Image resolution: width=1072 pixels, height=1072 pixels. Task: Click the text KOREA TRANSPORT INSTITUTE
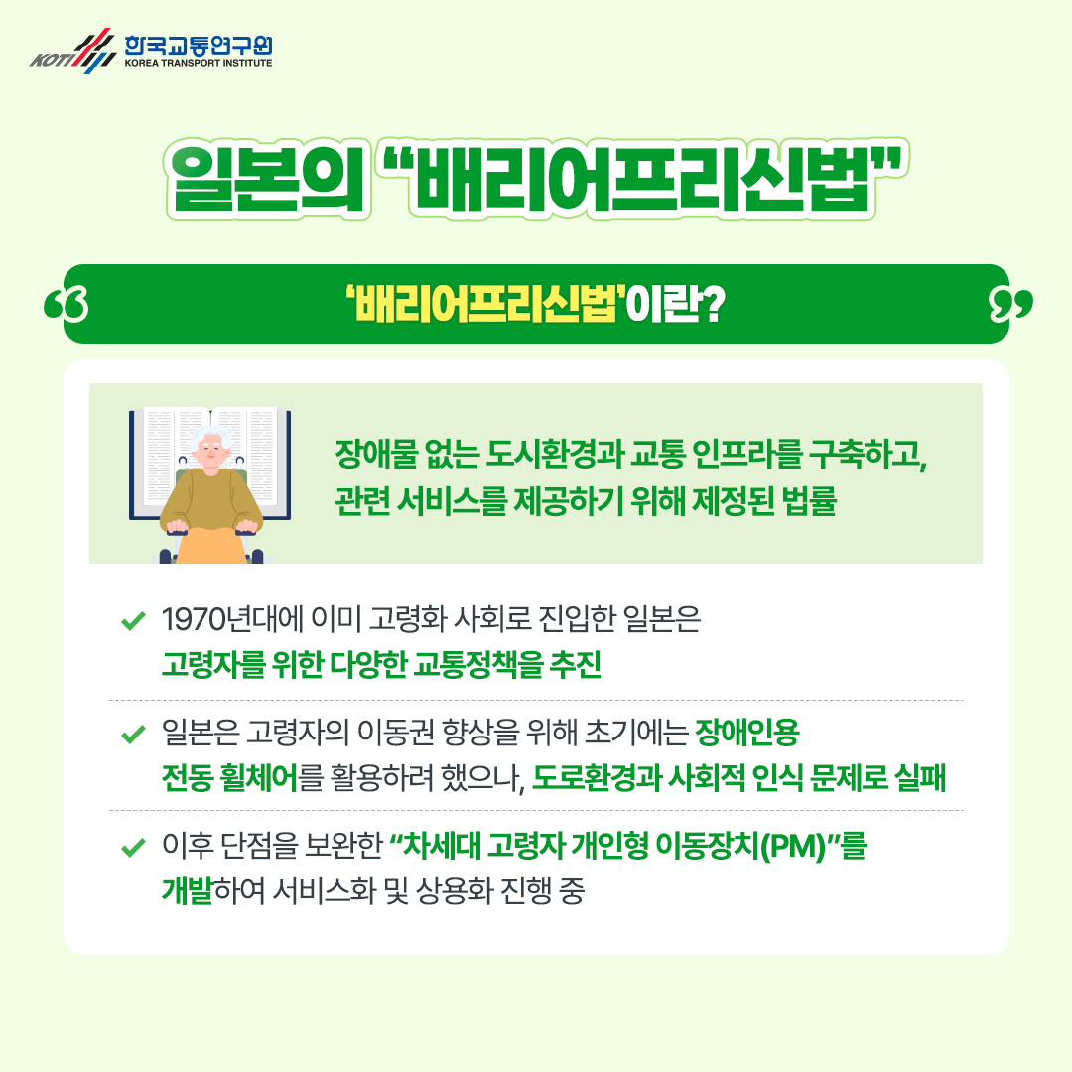pos(198,62)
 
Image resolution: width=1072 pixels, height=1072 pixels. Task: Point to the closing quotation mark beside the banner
pos(1011,304)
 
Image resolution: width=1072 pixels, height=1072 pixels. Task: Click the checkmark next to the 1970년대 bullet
pos(132,622)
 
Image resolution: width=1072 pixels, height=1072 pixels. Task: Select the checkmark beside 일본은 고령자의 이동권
pos(132,736)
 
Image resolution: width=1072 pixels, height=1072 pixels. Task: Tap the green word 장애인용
pos(746,735)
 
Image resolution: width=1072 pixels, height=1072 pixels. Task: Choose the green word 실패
pos(919,777)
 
